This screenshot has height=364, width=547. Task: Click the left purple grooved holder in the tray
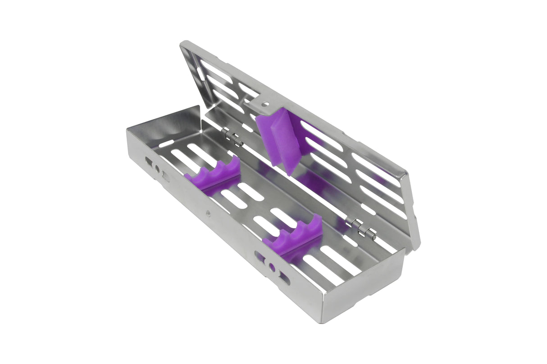212,176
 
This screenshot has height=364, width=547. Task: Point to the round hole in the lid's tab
266,104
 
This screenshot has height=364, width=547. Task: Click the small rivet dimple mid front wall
208,213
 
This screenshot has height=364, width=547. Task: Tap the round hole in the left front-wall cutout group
157,169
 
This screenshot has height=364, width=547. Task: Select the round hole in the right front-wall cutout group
272,267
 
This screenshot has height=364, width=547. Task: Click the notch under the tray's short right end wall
376,297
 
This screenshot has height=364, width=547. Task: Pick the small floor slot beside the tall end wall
166,144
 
